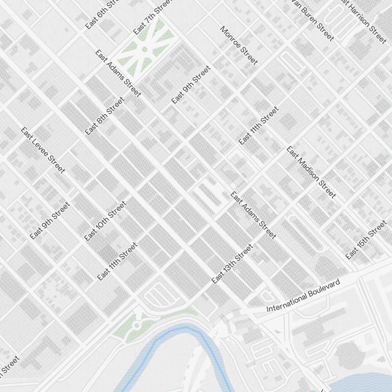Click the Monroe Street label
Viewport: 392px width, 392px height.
(x=239, y=45)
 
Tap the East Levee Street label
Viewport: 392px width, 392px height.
(x=43, y=150)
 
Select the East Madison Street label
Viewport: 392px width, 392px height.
(x=311, y=172)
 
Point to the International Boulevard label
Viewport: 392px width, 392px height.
(x=303, y=296)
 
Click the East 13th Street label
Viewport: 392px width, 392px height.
(x=232, y=264)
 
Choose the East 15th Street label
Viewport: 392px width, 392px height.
(x=366, y=240)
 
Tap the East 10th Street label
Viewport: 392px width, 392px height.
(x=105, y=221)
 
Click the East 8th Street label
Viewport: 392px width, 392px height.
(x=105, y=116)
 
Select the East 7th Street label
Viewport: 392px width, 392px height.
(x=153, y=20)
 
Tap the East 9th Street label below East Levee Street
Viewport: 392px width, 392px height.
(x=50, y=221)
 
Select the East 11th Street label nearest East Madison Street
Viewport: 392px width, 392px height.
(x=258, y=126)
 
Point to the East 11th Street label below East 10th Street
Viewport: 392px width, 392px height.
(x=117, y=261)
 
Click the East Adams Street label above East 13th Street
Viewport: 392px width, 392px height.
(x=253, y=215)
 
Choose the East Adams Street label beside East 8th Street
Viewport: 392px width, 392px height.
(x=118, y=73)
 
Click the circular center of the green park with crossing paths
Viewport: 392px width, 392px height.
(x=144, y=49)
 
